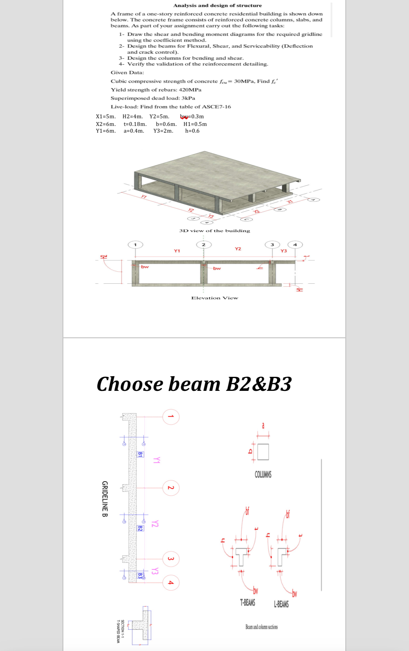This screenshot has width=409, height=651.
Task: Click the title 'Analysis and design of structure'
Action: click(218, 5)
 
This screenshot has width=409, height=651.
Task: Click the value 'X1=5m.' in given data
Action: click(105, 116)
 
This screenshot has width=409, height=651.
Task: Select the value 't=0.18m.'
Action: click(135, 124)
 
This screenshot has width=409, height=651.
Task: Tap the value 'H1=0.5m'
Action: click(195, 124)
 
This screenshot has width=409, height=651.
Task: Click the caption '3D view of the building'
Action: click(214, 230)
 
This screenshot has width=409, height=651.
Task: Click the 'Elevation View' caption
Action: click(214, 298)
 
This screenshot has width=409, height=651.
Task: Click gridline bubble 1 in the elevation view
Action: click(135, 245)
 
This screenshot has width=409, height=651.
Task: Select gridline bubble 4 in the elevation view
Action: click(295, 245)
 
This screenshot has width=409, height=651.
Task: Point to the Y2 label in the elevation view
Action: click(238, 249)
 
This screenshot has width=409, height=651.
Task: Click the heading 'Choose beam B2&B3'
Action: click(194, 384)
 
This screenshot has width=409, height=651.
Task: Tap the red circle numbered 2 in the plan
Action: click(171, 488)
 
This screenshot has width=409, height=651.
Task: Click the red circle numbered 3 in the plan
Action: click(171, 559)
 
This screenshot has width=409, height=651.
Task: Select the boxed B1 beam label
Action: click(140, 454)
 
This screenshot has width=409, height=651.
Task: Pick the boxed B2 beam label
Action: click(140, 528)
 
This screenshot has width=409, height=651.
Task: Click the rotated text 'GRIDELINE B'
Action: click(105, 499)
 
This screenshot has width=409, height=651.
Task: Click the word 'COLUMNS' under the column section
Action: click(263, 474)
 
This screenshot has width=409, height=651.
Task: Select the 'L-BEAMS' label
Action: click(281, 604)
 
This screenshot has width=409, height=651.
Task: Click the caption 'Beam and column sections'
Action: click(262, 627)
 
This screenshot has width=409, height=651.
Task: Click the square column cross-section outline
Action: click(263, 452)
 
